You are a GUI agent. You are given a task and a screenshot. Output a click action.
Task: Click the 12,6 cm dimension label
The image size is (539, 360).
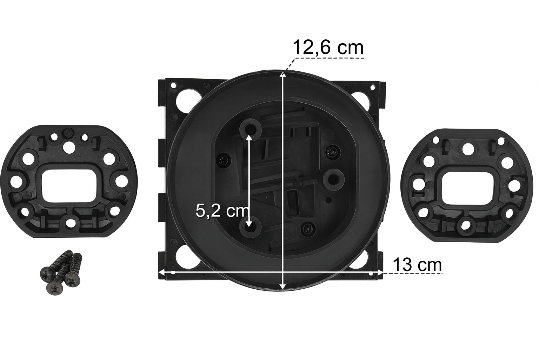(328, 48)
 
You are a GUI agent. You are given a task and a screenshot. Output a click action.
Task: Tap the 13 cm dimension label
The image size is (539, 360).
(417, 265)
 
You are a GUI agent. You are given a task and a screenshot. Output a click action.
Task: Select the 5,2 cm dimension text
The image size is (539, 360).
(222, 211)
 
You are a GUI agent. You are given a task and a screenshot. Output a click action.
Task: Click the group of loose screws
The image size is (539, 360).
(61, 272)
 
